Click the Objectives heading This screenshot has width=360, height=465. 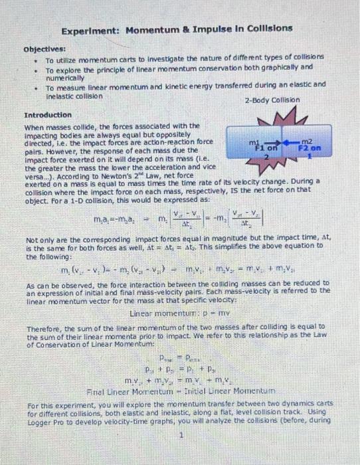point(45,48)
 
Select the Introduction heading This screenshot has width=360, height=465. point(47,115)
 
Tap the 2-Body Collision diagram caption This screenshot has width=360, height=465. point(272,100)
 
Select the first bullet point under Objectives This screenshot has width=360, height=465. point(34,58)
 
